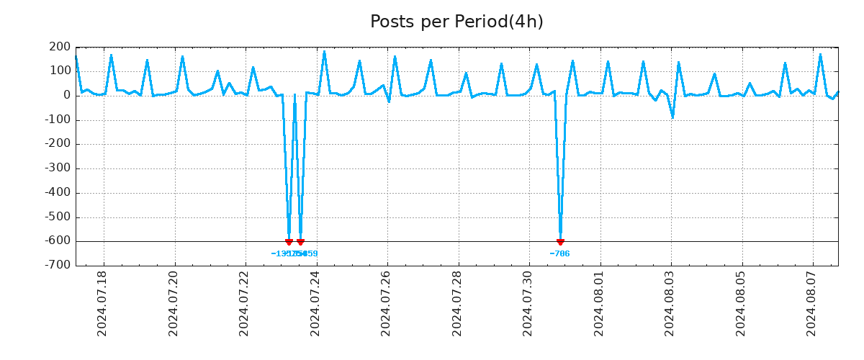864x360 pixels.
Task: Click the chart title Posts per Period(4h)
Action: point(456,22)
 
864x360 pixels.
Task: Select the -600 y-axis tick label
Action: point(58,241)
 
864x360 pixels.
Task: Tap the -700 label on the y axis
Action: point(58,266)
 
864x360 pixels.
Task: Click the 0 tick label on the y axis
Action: point(66,95)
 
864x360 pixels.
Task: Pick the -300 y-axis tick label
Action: point(58,168)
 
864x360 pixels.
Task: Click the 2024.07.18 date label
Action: point(102,302)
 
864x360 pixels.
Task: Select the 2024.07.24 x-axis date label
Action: point(315,302)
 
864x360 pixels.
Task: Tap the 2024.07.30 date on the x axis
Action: point(528,302)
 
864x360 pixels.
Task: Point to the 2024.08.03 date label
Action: point(670,302)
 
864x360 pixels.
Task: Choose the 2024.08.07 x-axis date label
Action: point(812,302)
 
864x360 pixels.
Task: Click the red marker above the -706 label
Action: point(560,242)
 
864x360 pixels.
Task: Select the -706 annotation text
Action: point(559,253)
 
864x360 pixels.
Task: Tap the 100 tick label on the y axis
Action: point(60,71)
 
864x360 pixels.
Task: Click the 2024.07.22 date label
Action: point(244,302)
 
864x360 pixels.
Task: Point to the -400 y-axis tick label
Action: point(58,193)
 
